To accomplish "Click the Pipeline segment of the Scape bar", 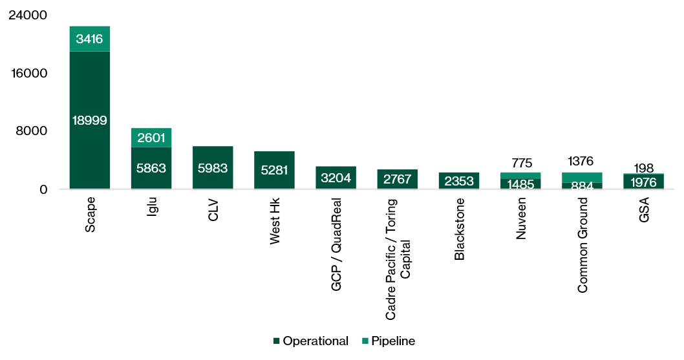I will pos(90,39).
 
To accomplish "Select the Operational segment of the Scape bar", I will pos(90,120).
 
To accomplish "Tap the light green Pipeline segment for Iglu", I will pos(151,138).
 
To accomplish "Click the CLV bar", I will pos(213,167).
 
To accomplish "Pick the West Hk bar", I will pos(274,170).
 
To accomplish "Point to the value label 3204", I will pos(336,179).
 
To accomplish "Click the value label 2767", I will pos(397,180).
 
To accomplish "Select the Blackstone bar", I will pos(458,180).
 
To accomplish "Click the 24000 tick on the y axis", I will pos(28,15).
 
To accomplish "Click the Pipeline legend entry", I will pos(387,341).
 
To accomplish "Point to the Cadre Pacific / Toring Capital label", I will pos(397,259).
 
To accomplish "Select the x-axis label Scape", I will pos(91,215).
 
